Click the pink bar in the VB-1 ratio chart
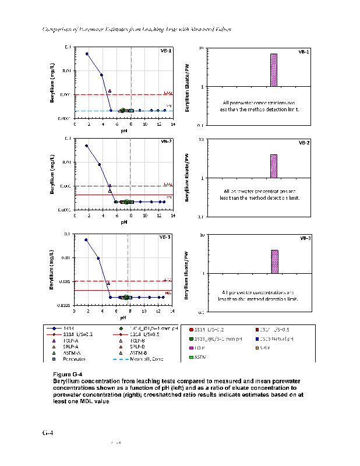tap(273, 70)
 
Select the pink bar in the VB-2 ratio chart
tap(273, 166)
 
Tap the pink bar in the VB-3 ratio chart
tap(274, 262)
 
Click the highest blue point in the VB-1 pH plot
tap(87, 54)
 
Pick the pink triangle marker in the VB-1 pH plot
tap(110, 91)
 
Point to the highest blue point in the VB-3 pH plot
tap(86, 239)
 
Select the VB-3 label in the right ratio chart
tap(305, 238)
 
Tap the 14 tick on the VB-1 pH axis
tap(172, 125)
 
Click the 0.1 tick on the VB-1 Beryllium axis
tap(68, 47)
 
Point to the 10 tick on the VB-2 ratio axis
tap(200, 140)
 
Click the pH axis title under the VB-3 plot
tap(123, 318)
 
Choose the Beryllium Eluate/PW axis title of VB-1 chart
tap(188, 87)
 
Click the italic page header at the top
tap(131, 30)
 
